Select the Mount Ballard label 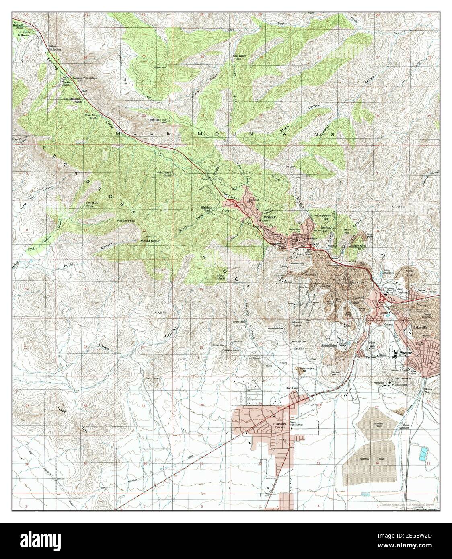coord(150,240)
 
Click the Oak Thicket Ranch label coord(164,174)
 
